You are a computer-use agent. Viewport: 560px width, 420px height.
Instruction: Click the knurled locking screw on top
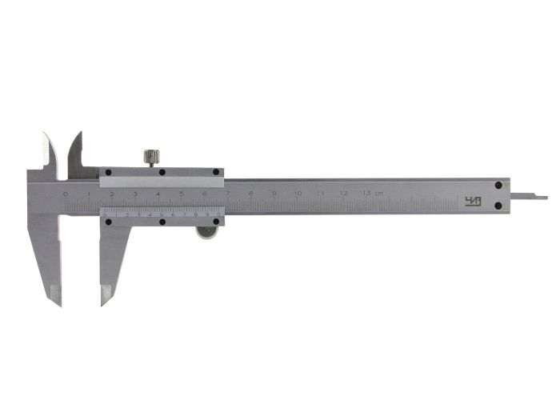(151, 156)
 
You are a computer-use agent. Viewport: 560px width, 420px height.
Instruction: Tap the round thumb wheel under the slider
(206, 233)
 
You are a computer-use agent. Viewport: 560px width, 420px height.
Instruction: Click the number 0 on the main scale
(66, 194)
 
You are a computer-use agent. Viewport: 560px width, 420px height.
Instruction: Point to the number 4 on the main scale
(158, 194)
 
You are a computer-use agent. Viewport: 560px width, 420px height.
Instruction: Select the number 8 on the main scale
(250, 194)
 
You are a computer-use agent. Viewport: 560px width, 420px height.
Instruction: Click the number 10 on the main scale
(297, 194)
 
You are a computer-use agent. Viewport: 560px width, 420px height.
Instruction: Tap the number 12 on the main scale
(343, 194)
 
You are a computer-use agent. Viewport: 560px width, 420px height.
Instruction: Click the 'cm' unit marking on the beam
(379, 194)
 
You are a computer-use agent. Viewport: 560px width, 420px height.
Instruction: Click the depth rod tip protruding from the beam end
(544, 195)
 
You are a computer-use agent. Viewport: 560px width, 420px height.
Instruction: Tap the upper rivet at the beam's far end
(498, 185)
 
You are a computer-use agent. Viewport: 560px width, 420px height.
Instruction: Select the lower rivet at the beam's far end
(498, 206)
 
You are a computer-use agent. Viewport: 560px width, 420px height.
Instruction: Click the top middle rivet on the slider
(162, 172)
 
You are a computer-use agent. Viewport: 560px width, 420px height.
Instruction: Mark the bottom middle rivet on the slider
(162, 221)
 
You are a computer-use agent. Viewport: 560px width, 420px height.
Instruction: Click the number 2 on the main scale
(112, 194)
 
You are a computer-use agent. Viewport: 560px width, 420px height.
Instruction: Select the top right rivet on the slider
(215, 172)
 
